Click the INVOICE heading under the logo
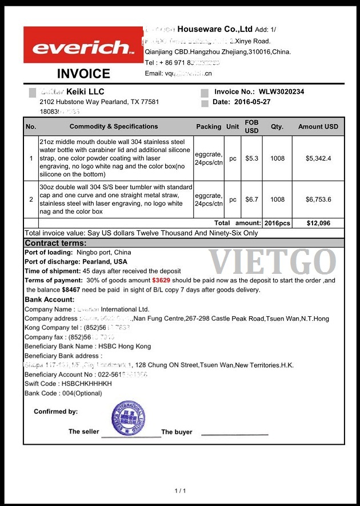83,74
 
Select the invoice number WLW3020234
281,91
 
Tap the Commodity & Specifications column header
114,126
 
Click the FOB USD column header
251,126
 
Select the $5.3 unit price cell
251,158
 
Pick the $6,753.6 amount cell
318,200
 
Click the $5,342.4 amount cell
318,158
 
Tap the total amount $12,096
318,223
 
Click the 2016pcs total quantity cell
277,223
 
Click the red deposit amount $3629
161,281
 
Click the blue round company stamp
129,419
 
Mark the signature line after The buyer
234,435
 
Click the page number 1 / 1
180,491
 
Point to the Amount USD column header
318,126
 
